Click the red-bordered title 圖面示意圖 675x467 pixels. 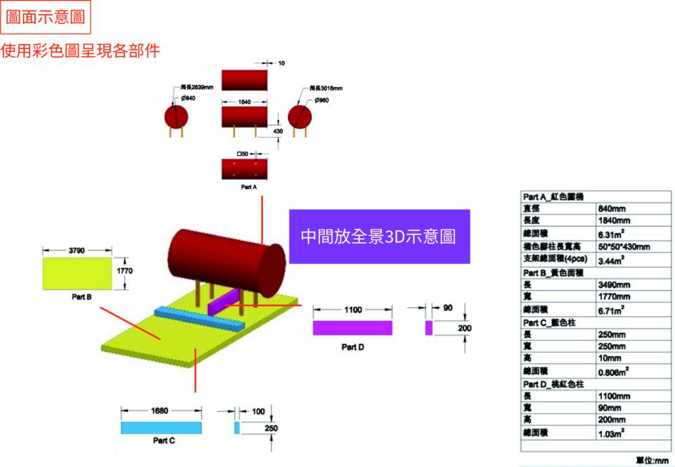[45, 18]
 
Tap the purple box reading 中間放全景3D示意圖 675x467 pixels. [379, 237]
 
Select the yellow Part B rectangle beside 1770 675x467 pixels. [77, 273]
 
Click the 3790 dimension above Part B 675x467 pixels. [78, 250]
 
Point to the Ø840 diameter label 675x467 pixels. [188, 99]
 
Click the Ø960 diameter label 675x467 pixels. [322, 100]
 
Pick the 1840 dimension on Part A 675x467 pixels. [244, 103]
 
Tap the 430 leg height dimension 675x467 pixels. [277, 131]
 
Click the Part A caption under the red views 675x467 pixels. [249, 188]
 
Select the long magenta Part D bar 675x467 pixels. [352, 328]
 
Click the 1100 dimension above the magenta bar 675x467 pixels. [353, 309]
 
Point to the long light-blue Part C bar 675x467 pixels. [161, 427]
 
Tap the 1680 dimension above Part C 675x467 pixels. [160, 411]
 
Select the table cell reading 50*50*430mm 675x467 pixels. [623, 246]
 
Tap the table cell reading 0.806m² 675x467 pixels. [612, 371]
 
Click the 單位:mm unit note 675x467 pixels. [652, 460]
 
